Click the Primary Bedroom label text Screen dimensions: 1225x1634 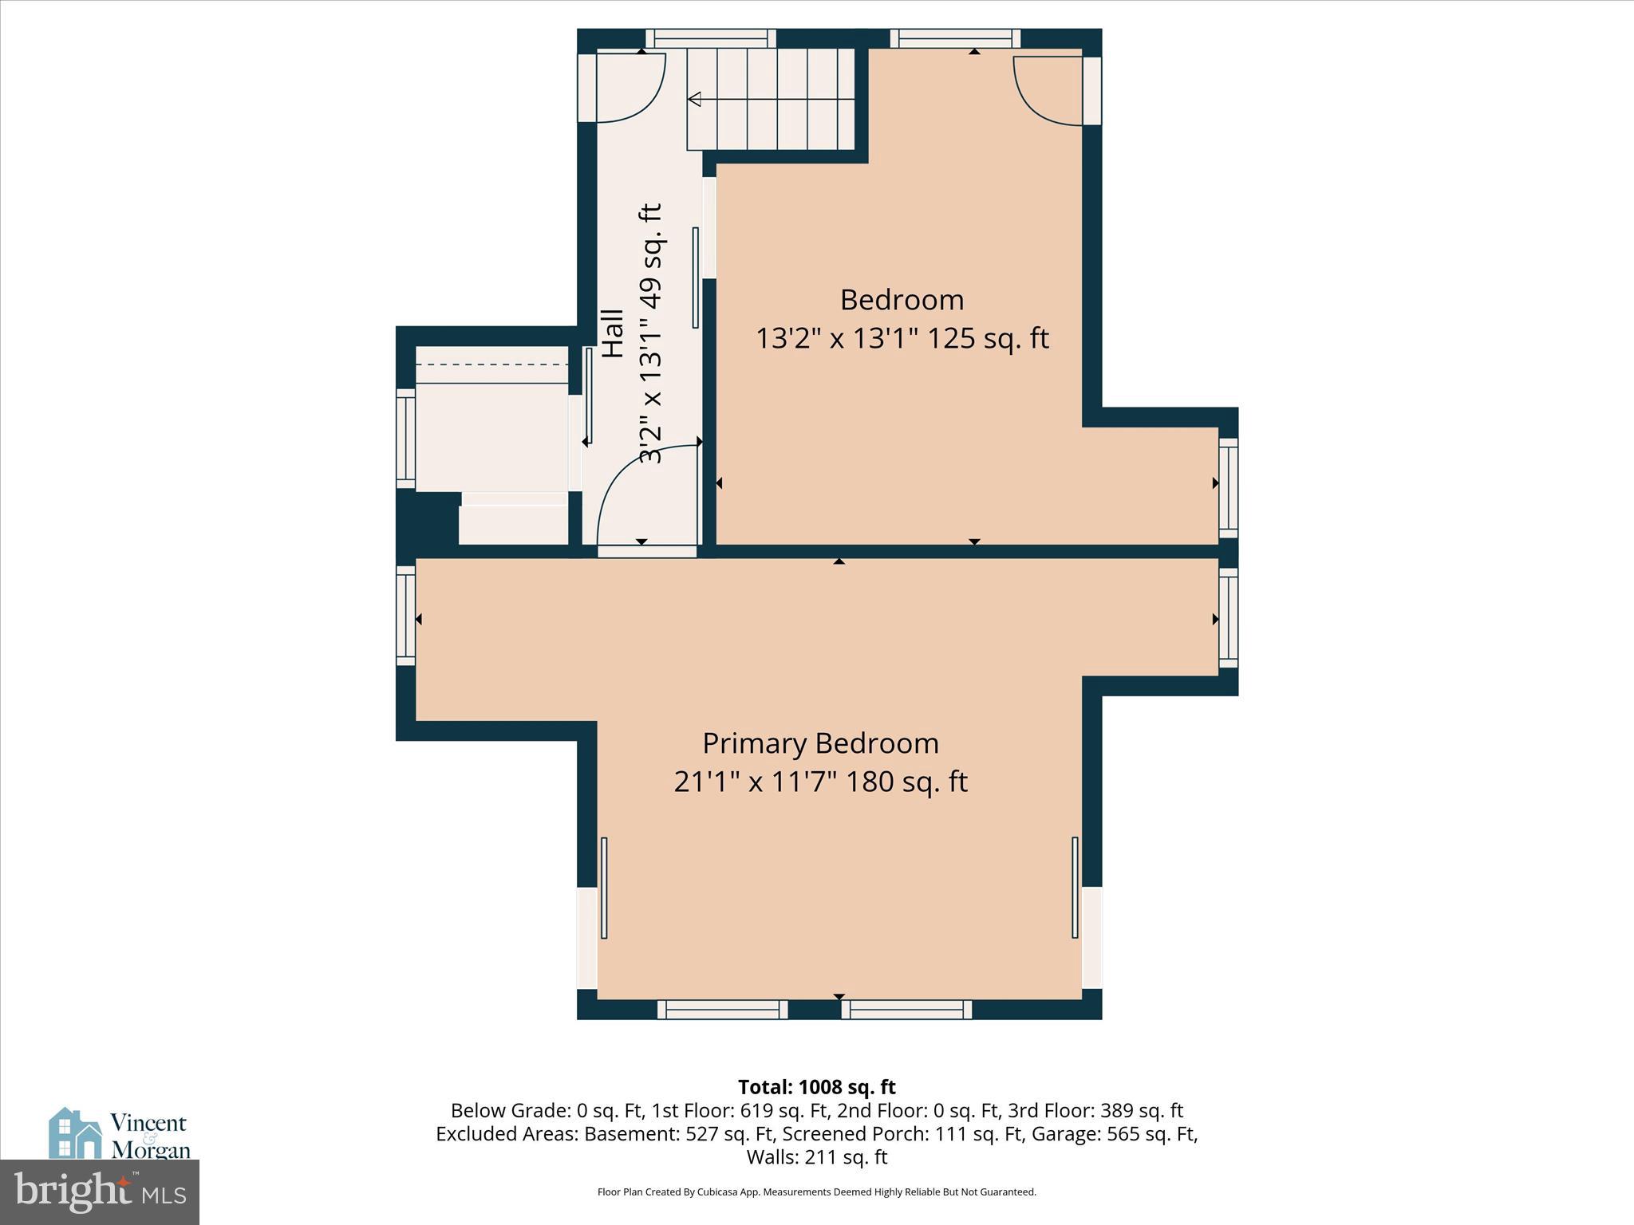click(x=820, y=743)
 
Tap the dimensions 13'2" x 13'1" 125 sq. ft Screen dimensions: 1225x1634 click(x=902, y=339)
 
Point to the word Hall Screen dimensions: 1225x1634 click(x=612, y=333)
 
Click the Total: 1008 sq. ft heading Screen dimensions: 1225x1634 click(x=816, y=1087)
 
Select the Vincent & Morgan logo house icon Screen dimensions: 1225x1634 click(x=75, y=1132)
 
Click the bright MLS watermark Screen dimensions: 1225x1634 click(x=100, y=1192)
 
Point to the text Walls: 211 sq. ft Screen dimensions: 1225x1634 click(x=816, y=1157)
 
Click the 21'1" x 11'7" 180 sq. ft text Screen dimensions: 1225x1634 click(x=820, y=782)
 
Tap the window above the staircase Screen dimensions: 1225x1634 click(x=710, y=38)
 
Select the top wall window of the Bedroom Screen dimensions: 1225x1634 click(x=955, y=38)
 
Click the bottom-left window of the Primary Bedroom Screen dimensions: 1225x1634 click(x=722, y=1010)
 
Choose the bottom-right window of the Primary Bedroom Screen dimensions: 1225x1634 click(x=906, y=1010)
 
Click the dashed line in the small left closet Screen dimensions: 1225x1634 click(x=492, y=364)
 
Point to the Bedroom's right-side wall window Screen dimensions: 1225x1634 click(x=1229, y=486)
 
